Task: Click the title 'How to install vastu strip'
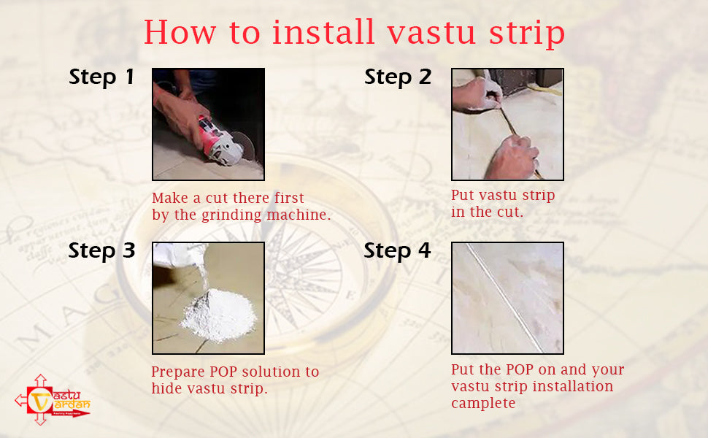pyautogui.click(x=354, y=32)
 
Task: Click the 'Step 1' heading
pyautogui.click(x=101, y=77)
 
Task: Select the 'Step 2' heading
pyautogui.click(x=398, y=77)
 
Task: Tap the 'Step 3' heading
pyautogui.click(x=101, y=250)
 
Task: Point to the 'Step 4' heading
pyautogui.click(x=398, y=250)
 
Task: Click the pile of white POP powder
pyautogui.click(x=218, y=318)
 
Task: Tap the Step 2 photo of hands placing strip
pyautogui.click(x=507, y=124)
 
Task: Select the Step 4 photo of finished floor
pyautogui.click(x=507, y=298)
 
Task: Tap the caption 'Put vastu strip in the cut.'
pyautogui.click(x=503, y=204)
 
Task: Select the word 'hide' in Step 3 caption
pyautogui.click(x=166, y=388)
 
